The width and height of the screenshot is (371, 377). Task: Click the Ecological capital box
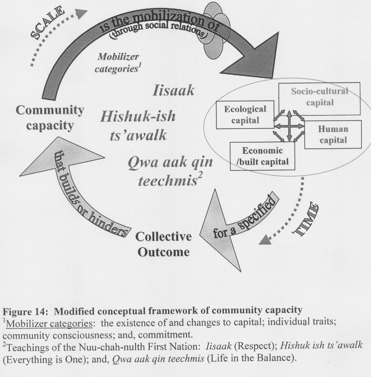(x=245, y=115)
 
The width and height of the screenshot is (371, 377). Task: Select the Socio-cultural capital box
(x=319, y=98)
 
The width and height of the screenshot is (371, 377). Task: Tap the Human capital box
(x=333, y=134)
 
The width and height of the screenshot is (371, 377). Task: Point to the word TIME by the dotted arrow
(x=306, y=219)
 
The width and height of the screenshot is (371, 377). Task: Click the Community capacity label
(x=50, y=118)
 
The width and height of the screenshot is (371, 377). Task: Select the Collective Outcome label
(x=164, y=244)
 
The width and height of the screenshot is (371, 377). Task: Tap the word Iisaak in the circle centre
(x=173, y=91)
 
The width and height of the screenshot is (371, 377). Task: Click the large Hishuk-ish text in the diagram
(x=138, y=116)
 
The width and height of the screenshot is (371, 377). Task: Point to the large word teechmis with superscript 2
(x=168, y=181)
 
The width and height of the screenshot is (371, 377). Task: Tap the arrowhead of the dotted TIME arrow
(x=266, y=239)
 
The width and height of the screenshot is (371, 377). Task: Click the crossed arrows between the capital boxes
(x=289, y=126)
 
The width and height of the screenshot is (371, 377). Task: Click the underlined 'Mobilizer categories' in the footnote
(x=49, y=323)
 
